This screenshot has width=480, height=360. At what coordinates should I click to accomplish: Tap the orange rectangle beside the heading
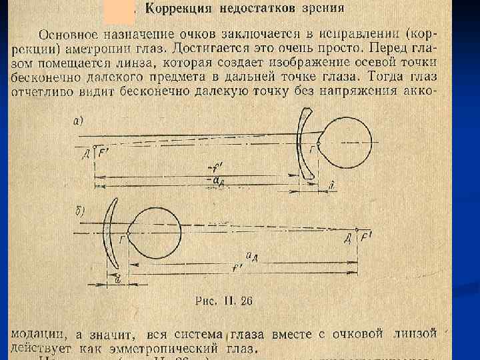119,11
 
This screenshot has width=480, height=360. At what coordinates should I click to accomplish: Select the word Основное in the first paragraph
67,34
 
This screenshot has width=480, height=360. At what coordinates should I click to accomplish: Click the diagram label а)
78,121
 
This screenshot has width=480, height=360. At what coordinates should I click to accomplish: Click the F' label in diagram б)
365,239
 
